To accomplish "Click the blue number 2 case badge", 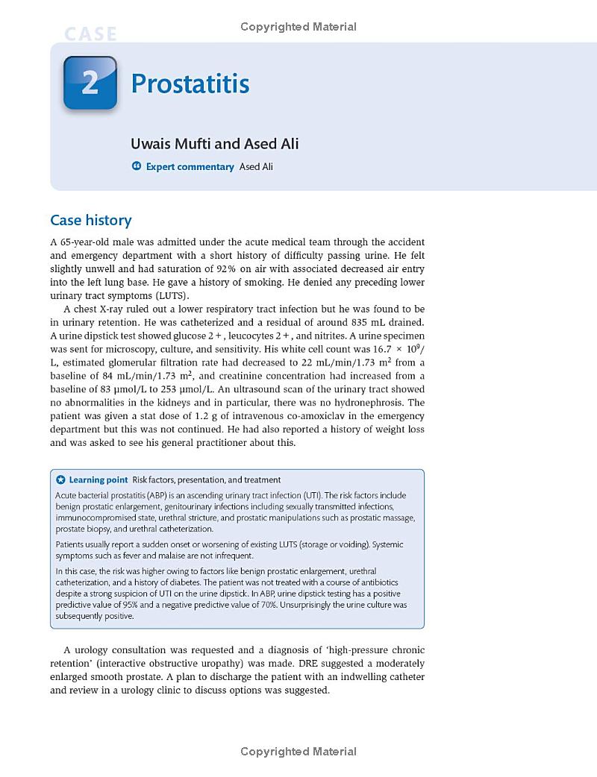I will point(90,83).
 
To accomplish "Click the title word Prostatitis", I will point(190,84).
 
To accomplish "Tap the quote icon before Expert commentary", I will point(137,166).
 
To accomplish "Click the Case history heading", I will point(90,220).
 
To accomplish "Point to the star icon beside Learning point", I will point(61,479).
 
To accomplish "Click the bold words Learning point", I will point(99,479).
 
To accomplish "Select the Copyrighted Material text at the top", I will point(298,27).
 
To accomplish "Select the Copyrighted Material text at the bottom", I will point(298,752).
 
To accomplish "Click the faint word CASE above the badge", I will point(90,34).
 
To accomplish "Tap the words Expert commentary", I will point(190,166).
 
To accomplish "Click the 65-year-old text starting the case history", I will point(86,242).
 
